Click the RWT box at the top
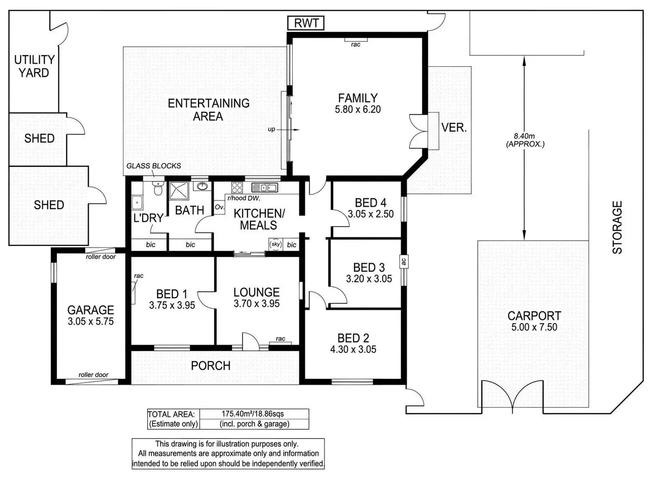coord(306,23)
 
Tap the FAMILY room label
coord(358,98)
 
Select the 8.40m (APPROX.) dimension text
coord(525,140)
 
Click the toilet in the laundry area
coord(158,189)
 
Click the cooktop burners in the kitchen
coord(236,187)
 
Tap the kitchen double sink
coord(264,187)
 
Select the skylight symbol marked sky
coord(276,244)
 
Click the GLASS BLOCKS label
coord(154,166)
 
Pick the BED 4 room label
coord(371,203)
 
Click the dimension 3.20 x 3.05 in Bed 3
coord(369,279)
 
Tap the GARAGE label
coord(91,310)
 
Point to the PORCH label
coord(211,366)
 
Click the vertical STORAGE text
coord(617,227)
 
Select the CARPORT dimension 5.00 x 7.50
coord(534,327)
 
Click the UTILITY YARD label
coord(34,66)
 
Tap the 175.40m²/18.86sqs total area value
coord(254,414)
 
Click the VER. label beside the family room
coord(454,128)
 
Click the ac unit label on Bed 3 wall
coord(403,261)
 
